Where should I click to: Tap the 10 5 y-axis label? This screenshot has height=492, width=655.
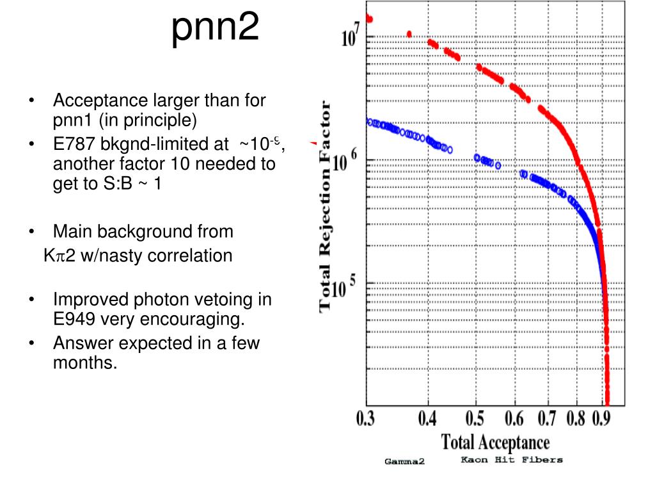[x=351, y=290]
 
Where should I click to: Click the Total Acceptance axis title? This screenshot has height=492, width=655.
[x=495, y=442]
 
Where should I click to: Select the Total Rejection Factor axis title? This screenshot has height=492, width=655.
[x=326, y=205]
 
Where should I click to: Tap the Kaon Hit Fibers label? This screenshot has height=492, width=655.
[x=511, y=459]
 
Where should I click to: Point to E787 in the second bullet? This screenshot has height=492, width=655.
[x=75, y=144]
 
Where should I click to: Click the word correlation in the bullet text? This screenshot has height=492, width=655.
[x=190, y=256]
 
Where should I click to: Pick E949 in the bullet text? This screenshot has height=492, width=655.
[x=75, y=318]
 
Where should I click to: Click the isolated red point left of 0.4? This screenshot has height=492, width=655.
[x=409, y=34]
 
